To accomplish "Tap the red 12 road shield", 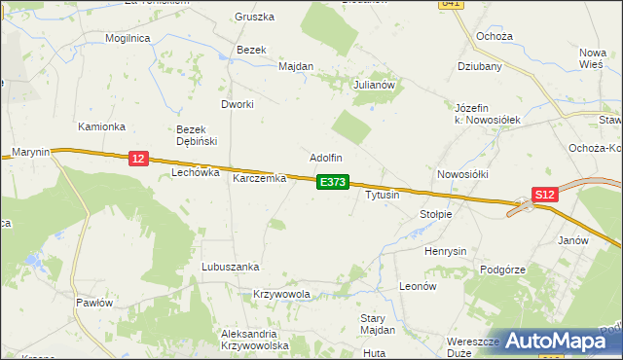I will [137, 159].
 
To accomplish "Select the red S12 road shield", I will [545, 195].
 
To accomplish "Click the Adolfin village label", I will [326, 158].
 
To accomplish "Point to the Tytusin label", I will [382, 195].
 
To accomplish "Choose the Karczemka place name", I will [258, 179].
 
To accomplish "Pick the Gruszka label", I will [255, 18].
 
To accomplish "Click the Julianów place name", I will [378, 85].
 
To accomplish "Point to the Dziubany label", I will [479, 67].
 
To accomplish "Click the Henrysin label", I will [445, 250].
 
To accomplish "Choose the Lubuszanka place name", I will [230, 267].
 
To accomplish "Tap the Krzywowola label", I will [281, 294].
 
